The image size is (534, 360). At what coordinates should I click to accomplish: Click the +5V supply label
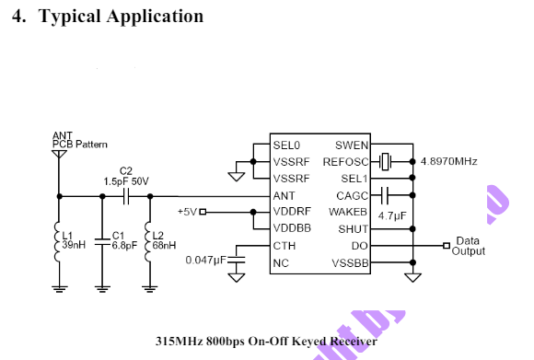187,212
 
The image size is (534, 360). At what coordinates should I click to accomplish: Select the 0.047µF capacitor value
204,261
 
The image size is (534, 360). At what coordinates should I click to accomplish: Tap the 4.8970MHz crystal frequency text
448,162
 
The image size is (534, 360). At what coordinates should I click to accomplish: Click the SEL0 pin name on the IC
286,145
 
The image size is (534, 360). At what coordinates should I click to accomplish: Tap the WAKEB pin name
350,212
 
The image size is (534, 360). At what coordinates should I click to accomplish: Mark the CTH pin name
284,246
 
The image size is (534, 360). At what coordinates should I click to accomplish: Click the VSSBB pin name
350,263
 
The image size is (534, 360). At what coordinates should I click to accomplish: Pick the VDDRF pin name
291,212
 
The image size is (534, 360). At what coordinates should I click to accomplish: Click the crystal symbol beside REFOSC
387,162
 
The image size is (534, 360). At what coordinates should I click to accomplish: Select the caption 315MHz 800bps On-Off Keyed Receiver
267,342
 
